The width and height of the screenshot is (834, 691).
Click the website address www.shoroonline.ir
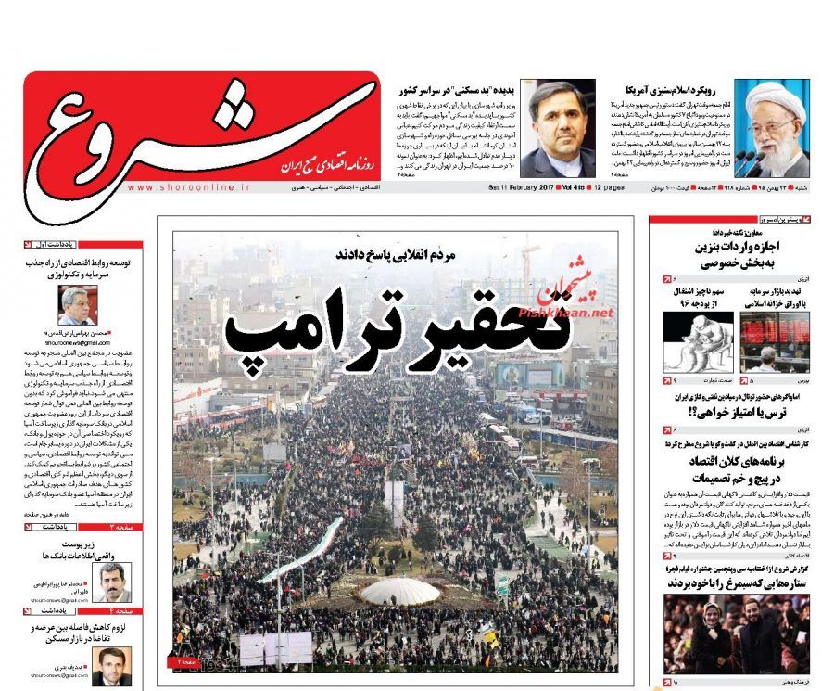point(189,187)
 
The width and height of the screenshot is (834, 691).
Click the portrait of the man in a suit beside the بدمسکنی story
point(557,129)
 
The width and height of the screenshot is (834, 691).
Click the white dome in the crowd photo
point(399,590)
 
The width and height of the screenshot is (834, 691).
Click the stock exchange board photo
point(775,341)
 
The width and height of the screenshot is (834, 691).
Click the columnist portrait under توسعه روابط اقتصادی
point(78,304)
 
